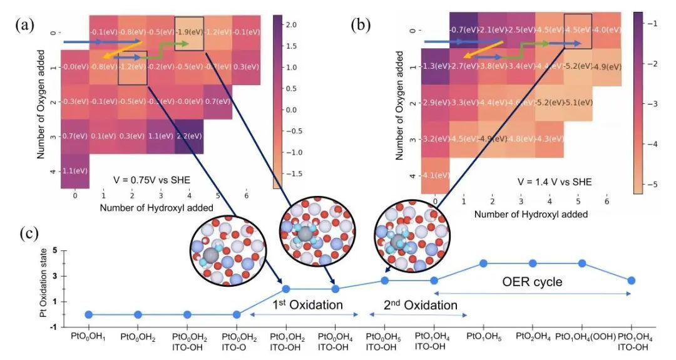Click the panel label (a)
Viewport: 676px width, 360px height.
(x=24, y=26)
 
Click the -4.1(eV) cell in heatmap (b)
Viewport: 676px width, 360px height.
(x=436, y=175)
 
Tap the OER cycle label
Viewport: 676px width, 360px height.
(x=533, y=282)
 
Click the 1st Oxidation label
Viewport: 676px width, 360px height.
(x=307, y=306)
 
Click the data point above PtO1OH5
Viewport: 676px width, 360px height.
(x=483, y=264)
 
